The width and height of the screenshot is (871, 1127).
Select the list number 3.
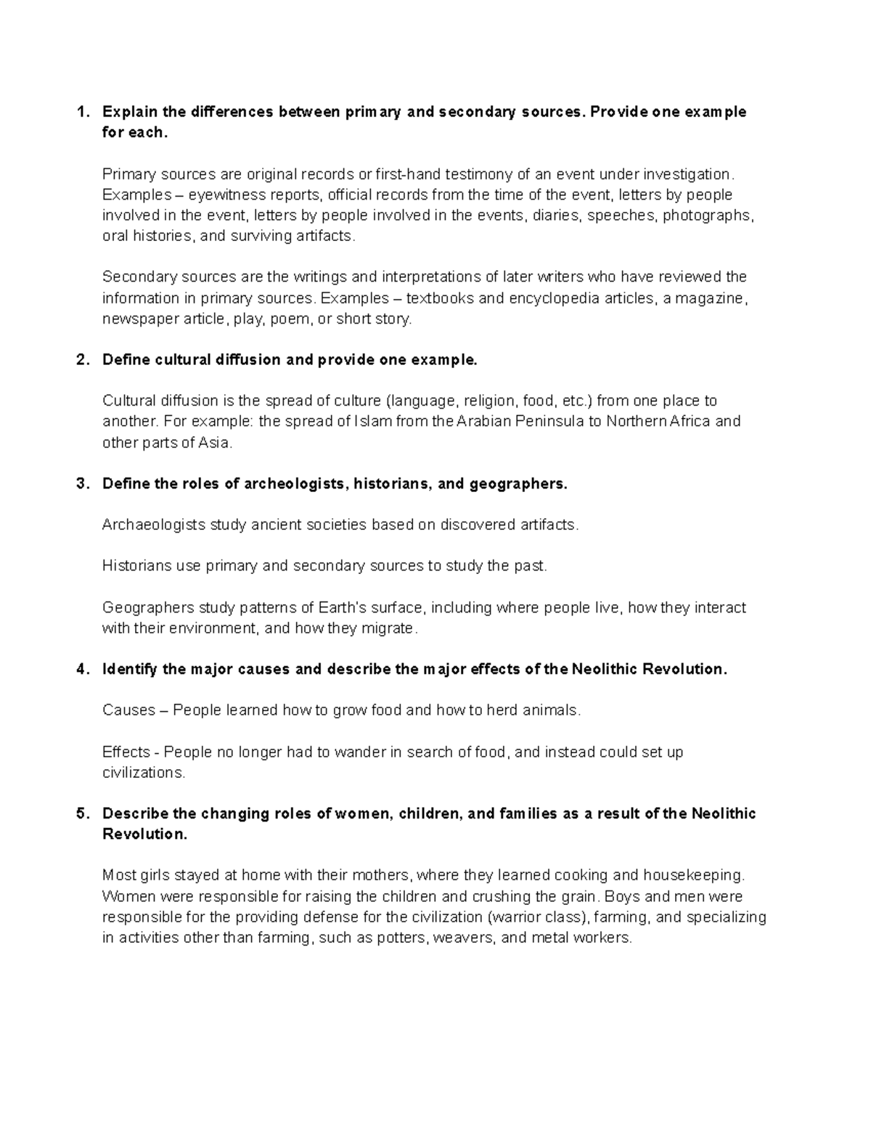click(x=82, y=483)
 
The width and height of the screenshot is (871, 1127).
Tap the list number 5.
click(x=82, y=814)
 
